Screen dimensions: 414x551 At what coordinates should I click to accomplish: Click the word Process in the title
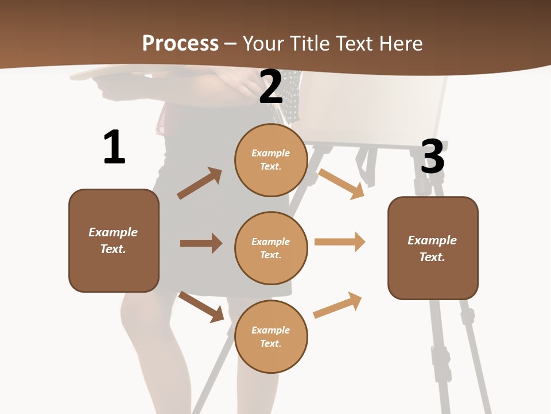(180, 43)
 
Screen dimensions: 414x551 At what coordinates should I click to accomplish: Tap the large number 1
(114, 148)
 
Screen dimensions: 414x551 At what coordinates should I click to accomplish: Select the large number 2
(271, 87)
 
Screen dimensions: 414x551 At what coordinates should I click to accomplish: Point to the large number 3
(433, 157)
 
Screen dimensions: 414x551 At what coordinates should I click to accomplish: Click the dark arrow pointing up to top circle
(200, 183)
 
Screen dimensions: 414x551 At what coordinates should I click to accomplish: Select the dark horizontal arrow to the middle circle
(201, 243)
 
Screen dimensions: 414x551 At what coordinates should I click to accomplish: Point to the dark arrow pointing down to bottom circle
(201, 306)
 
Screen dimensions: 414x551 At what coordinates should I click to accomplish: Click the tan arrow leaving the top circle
(342, 183)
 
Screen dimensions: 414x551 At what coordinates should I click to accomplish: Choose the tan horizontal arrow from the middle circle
(340, 242)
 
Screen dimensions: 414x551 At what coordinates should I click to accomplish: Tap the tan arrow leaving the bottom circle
(337, 305)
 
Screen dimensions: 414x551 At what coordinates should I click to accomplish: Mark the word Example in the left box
(113, 232)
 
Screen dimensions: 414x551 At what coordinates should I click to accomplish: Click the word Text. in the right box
(432, 257)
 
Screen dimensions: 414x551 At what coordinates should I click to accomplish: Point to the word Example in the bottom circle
(270, 330)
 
